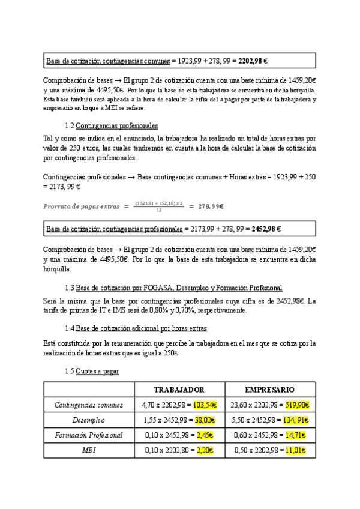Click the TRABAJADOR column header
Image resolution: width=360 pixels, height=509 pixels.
(x=179, y=390)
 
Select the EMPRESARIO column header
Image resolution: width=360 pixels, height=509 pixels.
(x=269, y=390)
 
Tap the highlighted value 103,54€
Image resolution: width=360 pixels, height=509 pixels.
(x=205, y=405)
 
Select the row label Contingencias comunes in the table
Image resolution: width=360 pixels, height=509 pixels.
(x=88, y=405)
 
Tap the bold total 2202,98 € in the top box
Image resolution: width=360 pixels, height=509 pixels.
(x=253, y=61)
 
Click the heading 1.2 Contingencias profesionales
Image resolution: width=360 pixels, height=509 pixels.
(x=111, y=126)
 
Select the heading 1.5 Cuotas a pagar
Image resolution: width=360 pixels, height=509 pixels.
(x=91, y=372)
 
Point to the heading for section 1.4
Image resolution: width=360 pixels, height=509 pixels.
(x=136, y=328)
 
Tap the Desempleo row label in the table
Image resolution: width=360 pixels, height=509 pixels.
(x=88, y=420)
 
